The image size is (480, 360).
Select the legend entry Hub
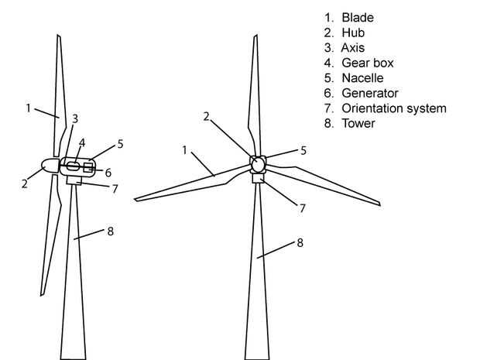click(x=353, y=33)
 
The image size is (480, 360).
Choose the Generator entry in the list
click(x=370, y=93)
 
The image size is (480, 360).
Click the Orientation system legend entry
click(x=393, y=108)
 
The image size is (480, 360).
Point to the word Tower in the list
click(x=358, y=123)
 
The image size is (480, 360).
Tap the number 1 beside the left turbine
click(x=28, y=108)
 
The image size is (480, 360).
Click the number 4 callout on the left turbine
click(x=81, y=142)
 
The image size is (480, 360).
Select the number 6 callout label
click(x=108, y=172)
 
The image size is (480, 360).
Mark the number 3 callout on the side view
click(x=74, y=118)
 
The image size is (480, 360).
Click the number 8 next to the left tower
click(x=111, y=231)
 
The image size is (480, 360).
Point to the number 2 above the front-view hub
click(x=207, y=117)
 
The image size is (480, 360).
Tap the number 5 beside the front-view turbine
click(x=303, y=150)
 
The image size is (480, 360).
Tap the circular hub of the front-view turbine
click(x=258, y=164)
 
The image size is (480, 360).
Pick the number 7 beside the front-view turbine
click(x=303, y=207)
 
